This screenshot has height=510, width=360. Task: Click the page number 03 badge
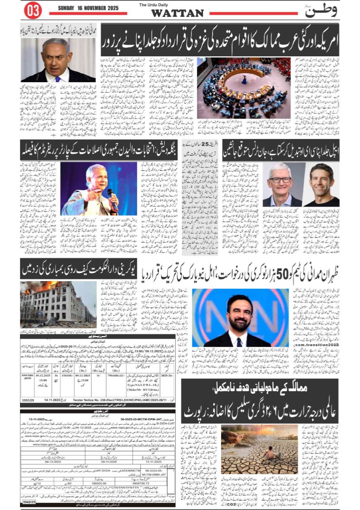click(x=32, y=10)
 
